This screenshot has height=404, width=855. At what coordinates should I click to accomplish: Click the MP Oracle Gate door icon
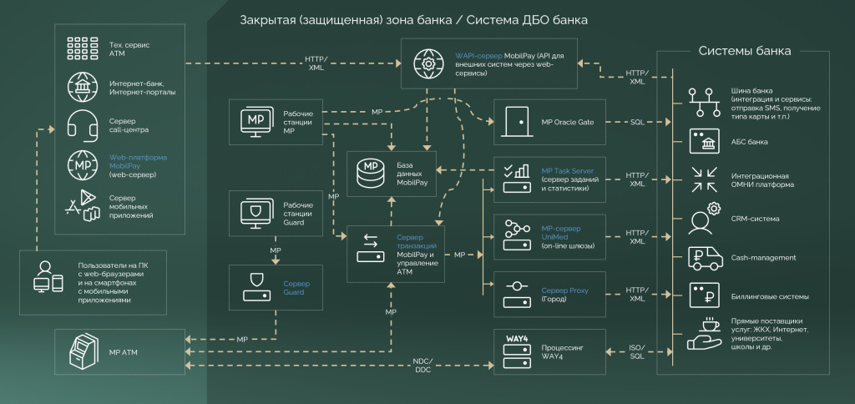[518, 122]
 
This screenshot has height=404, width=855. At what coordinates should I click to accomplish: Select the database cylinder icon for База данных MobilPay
[369, 174]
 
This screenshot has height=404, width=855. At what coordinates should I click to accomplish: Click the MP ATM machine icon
[83, 351]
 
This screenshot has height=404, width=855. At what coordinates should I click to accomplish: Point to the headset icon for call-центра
[82, 125]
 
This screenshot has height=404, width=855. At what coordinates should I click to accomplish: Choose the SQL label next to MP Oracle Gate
[636, 122]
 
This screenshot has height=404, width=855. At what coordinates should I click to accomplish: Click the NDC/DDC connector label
[424, 366]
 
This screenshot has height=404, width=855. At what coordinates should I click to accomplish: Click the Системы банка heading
[744, 51]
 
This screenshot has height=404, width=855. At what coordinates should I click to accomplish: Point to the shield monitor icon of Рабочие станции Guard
[257, 210]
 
